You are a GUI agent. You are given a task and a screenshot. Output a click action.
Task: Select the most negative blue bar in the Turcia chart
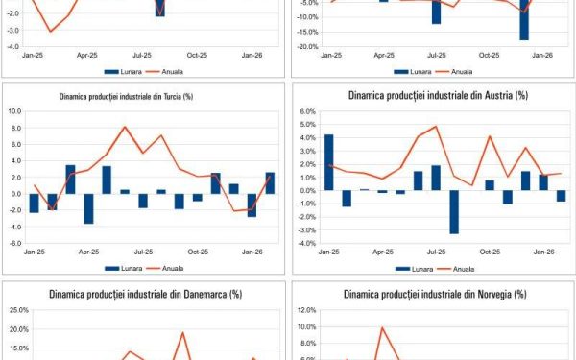point(88,208)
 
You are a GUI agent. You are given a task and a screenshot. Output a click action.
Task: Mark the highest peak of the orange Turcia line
point(125,127)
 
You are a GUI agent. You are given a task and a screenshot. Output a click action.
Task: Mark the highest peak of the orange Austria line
point(437,126)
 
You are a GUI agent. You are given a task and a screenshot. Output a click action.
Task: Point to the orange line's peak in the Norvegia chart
point(382,327)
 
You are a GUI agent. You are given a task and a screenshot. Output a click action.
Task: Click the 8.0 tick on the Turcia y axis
point(15,127)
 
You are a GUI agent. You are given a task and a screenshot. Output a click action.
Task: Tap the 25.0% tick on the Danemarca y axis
point(19,310)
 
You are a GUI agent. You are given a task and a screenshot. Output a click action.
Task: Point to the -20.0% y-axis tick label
point(306,46)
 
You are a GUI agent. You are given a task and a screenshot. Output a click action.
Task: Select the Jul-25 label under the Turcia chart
point(143,252)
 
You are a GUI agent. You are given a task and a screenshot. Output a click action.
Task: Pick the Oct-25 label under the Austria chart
point(490,252)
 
